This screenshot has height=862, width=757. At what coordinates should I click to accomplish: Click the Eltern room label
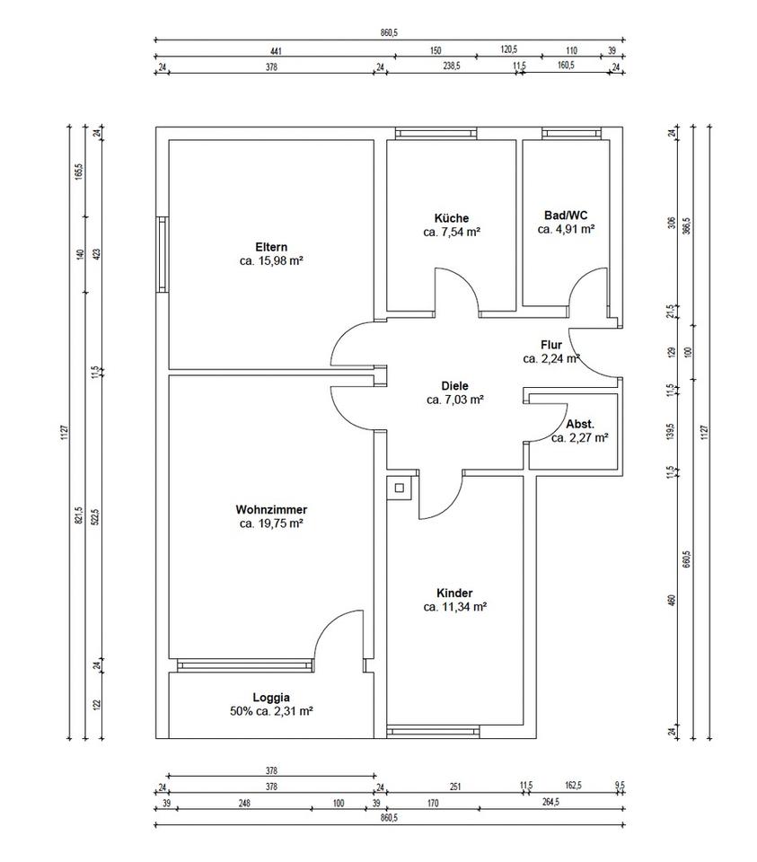click(x=271, y=247)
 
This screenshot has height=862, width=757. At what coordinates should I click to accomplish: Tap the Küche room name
click(x=452, y=218)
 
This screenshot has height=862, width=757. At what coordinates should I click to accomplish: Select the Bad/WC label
click(x=566, y=215)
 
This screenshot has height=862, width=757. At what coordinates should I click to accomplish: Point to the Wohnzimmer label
click(x=271, y=510)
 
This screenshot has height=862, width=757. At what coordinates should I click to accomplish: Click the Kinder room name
click(x=454, y=594)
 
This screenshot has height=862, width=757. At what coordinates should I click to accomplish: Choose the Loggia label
click(x=271, y=698)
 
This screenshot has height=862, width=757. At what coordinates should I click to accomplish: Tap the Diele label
click(x=454, y=386)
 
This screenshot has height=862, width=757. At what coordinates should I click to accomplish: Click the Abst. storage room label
click(x=580, y=425)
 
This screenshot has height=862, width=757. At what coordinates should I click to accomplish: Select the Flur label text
click(x=551, y=345)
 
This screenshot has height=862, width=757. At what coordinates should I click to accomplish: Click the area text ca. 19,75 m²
click(x=271, y=523)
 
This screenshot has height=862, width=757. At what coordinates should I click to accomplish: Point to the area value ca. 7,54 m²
click(x=452, y=232)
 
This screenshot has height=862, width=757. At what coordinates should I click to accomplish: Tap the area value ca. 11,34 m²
click(x=454, y=607)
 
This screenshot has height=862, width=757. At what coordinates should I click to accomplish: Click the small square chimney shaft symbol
click(x=400, y=488)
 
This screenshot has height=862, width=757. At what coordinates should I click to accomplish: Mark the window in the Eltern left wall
click(x=162, y=254)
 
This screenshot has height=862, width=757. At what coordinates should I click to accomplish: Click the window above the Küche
click(x=436, y=133)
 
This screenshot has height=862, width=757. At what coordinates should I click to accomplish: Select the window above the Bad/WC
click(x=570, y=133)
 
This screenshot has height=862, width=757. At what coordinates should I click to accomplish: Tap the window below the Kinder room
click(x=433, y=732)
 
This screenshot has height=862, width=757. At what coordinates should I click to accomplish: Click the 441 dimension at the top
click(x=276, y=51)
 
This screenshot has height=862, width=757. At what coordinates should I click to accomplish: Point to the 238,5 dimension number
click(x=452, y=66)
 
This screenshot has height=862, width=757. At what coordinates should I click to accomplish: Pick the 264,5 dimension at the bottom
click(x=550, y=802)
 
